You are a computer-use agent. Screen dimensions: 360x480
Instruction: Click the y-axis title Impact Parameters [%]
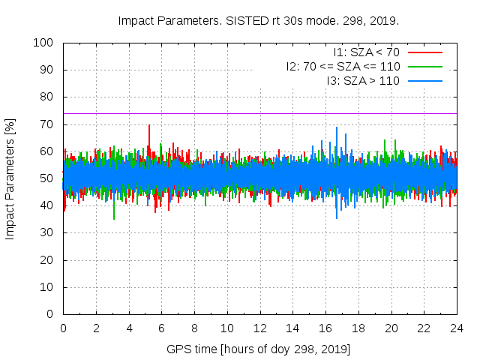coord(10,178)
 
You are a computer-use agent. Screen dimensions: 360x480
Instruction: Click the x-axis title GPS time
coord(259,349)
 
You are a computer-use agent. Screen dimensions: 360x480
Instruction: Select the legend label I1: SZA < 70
coord(366,52)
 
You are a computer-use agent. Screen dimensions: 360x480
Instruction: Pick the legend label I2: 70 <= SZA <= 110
coord(343,66)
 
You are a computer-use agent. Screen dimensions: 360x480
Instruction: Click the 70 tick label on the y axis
coord(48,124)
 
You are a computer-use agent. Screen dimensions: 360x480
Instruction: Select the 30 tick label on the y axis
coord(48,233)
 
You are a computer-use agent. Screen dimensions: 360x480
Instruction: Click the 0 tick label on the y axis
coord(52,314)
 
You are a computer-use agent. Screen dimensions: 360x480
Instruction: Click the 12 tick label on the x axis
coord(259,328)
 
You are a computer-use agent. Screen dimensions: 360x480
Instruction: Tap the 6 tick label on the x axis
coord(161,328)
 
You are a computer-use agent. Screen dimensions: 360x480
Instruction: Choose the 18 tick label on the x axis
coord(358,328)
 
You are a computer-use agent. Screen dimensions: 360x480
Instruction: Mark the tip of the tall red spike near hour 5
coord(149,124)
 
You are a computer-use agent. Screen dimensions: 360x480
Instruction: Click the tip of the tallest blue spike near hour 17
coord(337,127)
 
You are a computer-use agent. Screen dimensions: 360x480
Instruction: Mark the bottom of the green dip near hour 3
coord(114,219)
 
